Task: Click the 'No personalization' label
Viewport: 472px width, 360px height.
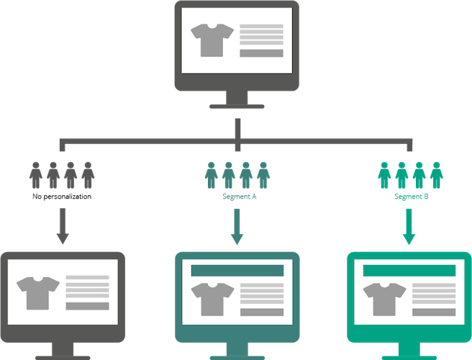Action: (62, 197)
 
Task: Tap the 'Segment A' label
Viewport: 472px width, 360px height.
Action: (240, 197)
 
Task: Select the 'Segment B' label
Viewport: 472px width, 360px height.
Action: (411, 197)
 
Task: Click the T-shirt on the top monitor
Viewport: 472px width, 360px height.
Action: (212, 40)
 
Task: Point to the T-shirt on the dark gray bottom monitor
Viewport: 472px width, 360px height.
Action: (38, 294)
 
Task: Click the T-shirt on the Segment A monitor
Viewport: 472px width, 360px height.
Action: (212, 300)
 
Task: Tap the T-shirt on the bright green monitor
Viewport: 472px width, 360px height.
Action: (384, 300)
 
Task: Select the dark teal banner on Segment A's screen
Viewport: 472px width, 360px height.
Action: (237, 271)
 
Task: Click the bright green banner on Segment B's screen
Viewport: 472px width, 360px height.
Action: (409, 271)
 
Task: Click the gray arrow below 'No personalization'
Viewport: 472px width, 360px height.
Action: (63, 226)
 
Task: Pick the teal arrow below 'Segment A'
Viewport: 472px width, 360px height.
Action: (237, 227)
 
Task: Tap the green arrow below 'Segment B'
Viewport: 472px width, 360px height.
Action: (409, 227)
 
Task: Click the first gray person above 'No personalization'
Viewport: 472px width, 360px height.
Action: (36, 176)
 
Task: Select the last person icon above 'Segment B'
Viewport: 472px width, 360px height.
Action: (437, 176)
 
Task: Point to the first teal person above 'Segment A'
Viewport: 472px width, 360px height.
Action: (212, 176)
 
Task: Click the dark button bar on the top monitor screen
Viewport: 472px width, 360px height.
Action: (261, 53)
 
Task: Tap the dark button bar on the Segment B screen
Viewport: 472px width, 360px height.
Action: (434, 312)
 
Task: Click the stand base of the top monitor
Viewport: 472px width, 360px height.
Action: (237, 107)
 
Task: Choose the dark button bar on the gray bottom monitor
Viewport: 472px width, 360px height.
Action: (87, 307)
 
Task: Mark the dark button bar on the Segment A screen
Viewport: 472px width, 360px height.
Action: (262, 312)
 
